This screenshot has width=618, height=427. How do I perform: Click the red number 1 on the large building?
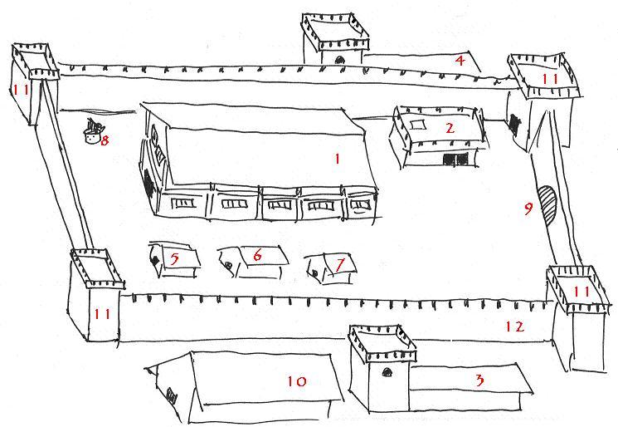[337, 159]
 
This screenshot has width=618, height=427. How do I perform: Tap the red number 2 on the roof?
[450, 127]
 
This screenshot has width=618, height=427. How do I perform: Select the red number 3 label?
[479, 380]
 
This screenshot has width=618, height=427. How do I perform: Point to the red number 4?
[460, 61]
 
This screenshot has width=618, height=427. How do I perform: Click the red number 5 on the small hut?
[174, 259]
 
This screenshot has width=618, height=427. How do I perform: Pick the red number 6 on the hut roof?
[257, 255]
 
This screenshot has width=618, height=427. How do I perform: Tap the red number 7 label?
[340, 264]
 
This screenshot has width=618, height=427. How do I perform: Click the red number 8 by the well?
[105, 140]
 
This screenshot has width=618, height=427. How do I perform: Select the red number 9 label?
[528, 209]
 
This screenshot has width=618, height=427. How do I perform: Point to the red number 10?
[296, 381]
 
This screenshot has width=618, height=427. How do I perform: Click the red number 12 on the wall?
[515, 326]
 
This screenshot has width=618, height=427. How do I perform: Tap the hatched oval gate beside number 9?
[547, 204]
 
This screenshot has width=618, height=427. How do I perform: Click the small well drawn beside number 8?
[93, 134]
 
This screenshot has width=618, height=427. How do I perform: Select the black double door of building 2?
[455, 160]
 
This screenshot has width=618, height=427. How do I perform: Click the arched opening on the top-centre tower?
[339, 60]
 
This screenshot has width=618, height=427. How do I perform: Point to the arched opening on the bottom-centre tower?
[387, 372]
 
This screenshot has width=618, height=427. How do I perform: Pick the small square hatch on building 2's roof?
[418, 125]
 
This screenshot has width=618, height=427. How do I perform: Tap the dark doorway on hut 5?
[155, 260]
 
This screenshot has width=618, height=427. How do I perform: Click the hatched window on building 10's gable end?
[172, 395]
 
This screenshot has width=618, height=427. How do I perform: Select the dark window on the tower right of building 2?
[513, 121]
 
